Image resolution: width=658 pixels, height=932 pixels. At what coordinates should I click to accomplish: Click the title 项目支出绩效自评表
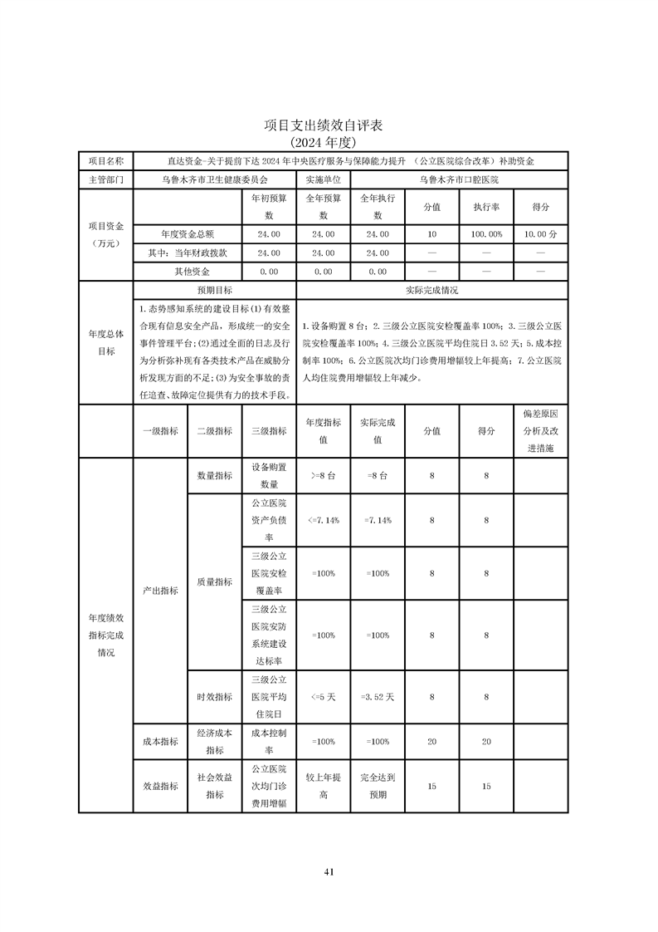coord(329,125)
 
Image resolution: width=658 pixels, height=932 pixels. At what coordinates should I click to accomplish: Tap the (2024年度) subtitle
coord(329,142)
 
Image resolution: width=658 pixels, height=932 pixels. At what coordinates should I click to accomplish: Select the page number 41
coord(329,871)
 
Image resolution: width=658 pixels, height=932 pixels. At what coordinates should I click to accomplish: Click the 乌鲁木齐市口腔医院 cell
coord(459,179)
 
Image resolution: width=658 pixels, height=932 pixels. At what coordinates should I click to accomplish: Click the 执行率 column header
coord(486,207)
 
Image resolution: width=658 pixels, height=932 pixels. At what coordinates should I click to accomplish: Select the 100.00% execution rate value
coord(486,234)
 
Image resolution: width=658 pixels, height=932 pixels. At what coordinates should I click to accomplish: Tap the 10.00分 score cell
coord(541,234)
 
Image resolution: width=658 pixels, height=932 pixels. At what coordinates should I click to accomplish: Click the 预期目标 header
coord(214,291)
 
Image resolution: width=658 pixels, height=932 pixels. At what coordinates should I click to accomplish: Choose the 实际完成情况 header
coord(432,291)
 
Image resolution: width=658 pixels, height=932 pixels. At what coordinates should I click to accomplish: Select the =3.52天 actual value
coord(378,697)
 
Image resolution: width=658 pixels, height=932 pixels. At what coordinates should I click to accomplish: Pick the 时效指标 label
coord(214,697)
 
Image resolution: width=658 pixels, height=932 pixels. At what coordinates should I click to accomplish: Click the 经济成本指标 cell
coord(214,742)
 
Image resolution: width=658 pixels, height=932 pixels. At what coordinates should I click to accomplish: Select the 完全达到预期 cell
coord(378,787)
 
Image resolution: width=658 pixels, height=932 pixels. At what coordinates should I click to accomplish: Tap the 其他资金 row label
coord(192,272)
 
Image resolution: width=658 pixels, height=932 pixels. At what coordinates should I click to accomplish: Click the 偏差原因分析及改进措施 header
coord(541,431)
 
